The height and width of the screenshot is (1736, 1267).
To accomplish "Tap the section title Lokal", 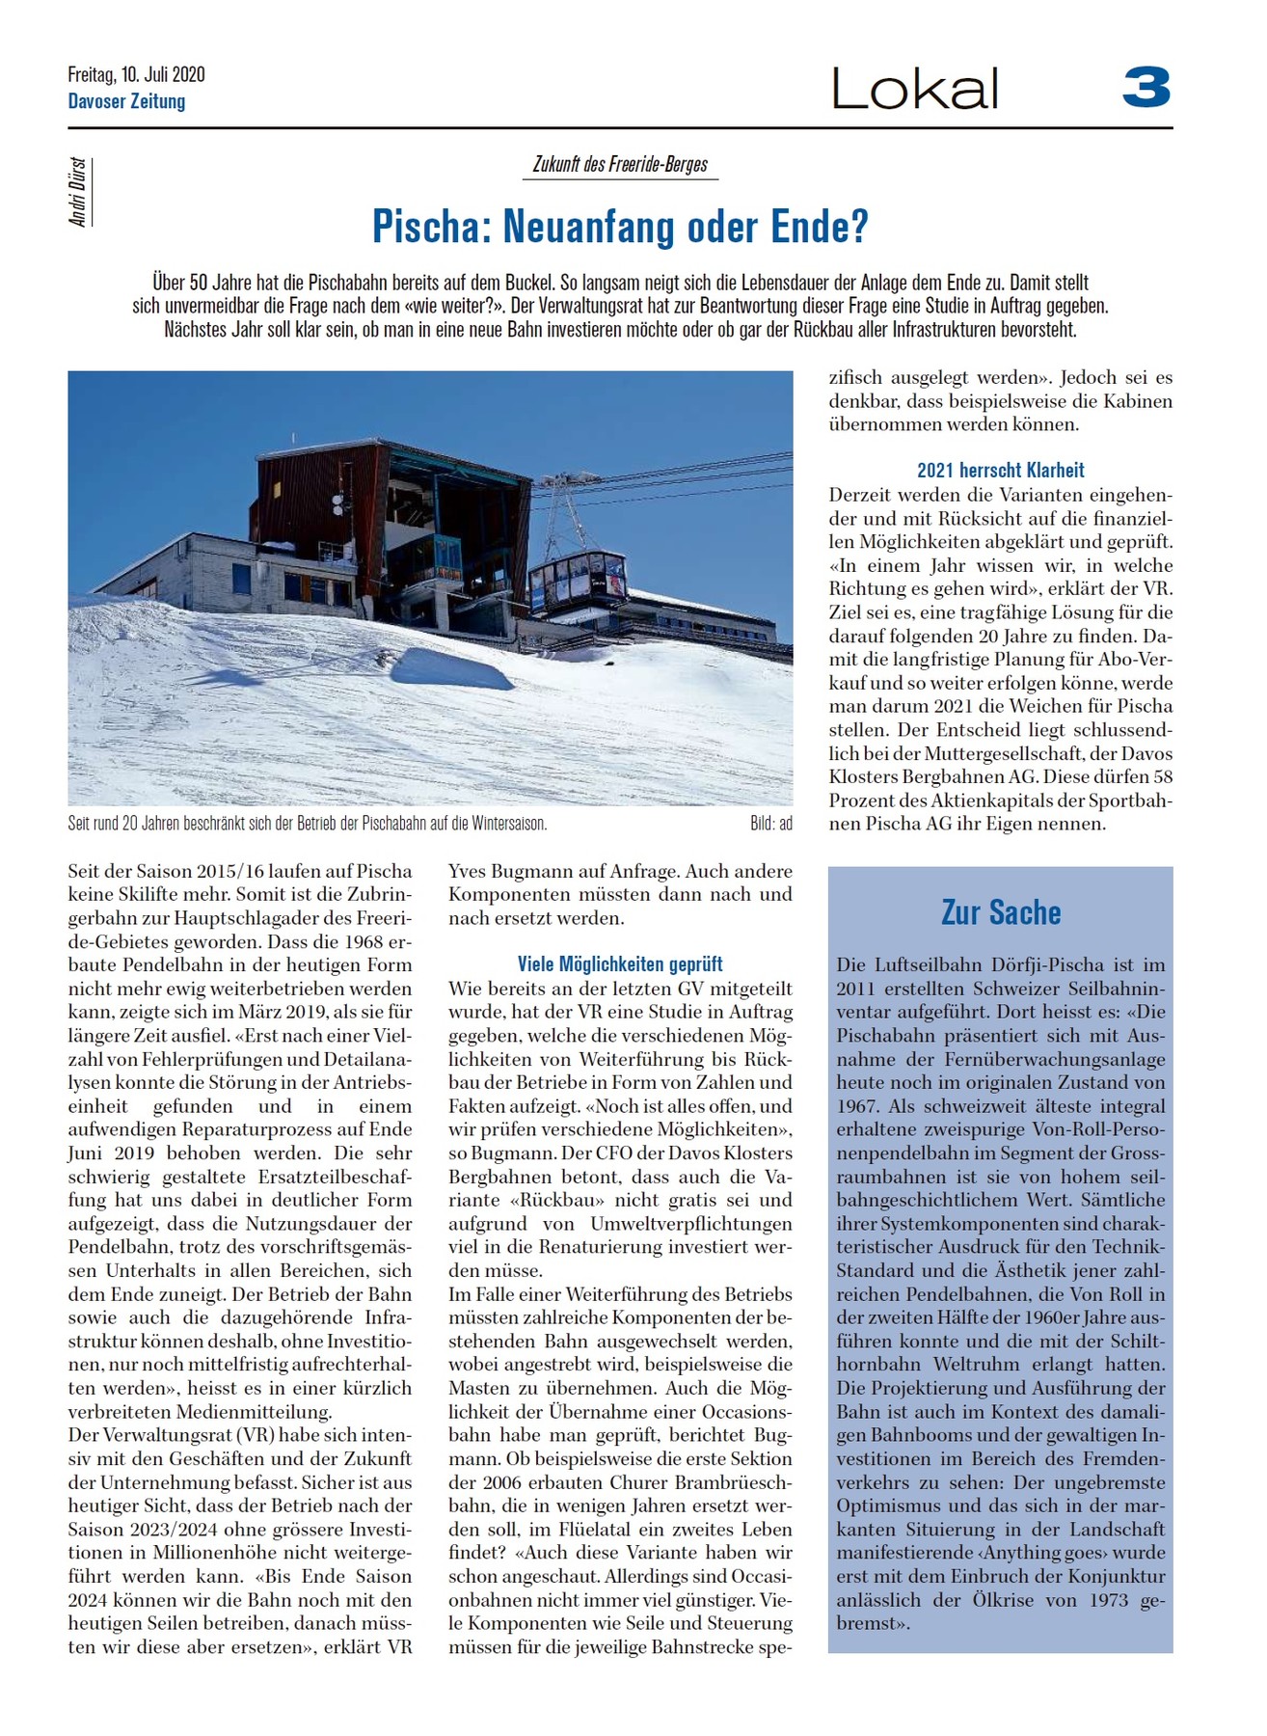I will pos(914,89).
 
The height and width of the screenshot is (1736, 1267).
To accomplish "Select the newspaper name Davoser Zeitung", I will pos(126,101).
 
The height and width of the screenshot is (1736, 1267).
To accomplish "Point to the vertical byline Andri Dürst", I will pos(78,192).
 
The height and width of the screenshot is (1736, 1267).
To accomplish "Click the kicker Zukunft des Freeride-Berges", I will pos(620,164).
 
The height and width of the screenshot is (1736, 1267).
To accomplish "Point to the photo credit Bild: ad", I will pos(770,824).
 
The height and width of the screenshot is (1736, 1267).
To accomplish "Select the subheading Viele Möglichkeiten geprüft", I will pos(620,963).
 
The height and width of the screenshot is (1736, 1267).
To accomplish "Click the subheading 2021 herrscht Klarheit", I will pos(1000,471).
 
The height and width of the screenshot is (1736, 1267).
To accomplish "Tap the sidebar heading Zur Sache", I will pos(1000,912).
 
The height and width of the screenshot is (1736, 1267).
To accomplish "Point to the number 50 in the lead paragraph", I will pos(198,283).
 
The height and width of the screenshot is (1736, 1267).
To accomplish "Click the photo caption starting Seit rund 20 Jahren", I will pos(307,824).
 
